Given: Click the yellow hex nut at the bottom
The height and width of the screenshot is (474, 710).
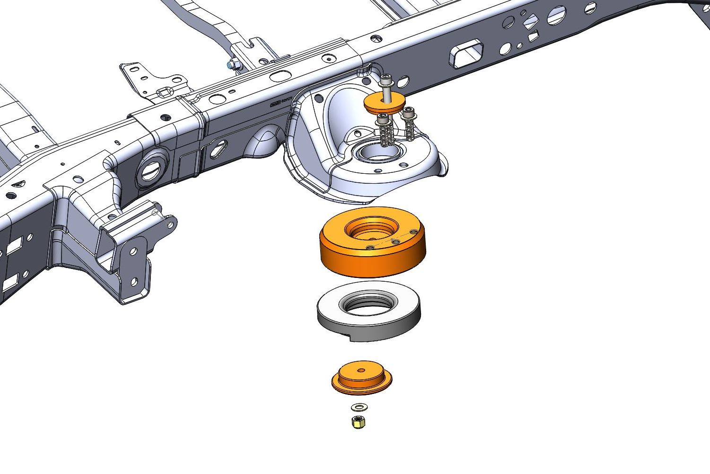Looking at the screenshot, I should [357, 421].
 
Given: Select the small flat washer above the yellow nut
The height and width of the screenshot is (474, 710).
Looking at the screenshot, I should [358, 406].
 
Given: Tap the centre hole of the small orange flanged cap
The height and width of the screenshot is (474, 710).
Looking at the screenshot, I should [361, 370].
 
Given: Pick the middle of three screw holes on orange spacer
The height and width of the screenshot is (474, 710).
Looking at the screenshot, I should [395, 241].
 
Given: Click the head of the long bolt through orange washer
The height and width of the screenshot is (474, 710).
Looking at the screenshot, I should [386, 81].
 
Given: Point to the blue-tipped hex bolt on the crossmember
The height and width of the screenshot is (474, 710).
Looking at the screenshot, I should [232, 64].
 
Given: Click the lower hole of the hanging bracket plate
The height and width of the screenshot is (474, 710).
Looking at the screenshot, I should [134, 282].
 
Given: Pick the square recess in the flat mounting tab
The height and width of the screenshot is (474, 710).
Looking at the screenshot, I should [164, 91].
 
